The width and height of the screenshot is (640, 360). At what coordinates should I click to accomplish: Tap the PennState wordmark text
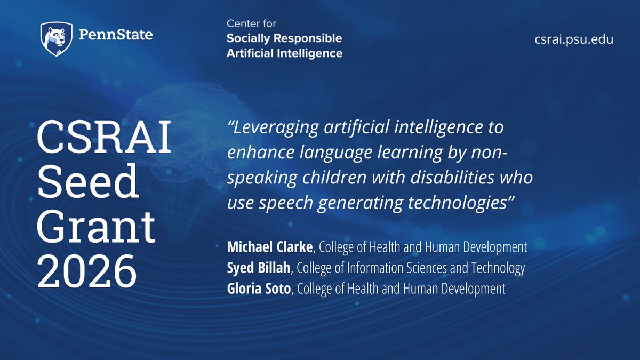click(115, 36)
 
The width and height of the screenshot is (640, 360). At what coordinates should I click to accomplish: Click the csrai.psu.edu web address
click(574, 39)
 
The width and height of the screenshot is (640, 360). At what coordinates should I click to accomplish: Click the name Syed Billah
click(259, 268)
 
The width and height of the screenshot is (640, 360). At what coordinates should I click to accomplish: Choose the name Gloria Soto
click(260, 289)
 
